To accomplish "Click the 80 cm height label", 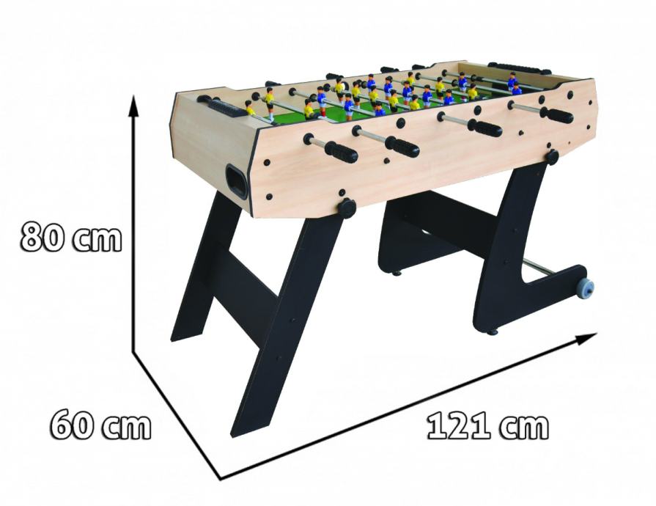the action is (71, 237).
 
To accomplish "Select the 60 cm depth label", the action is (100, 425).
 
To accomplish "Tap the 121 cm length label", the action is (487, 427).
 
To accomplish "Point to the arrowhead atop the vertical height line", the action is (133, 106).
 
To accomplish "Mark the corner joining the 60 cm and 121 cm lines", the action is (221, 478).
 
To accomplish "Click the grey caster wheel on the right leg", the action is (585, 288).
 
